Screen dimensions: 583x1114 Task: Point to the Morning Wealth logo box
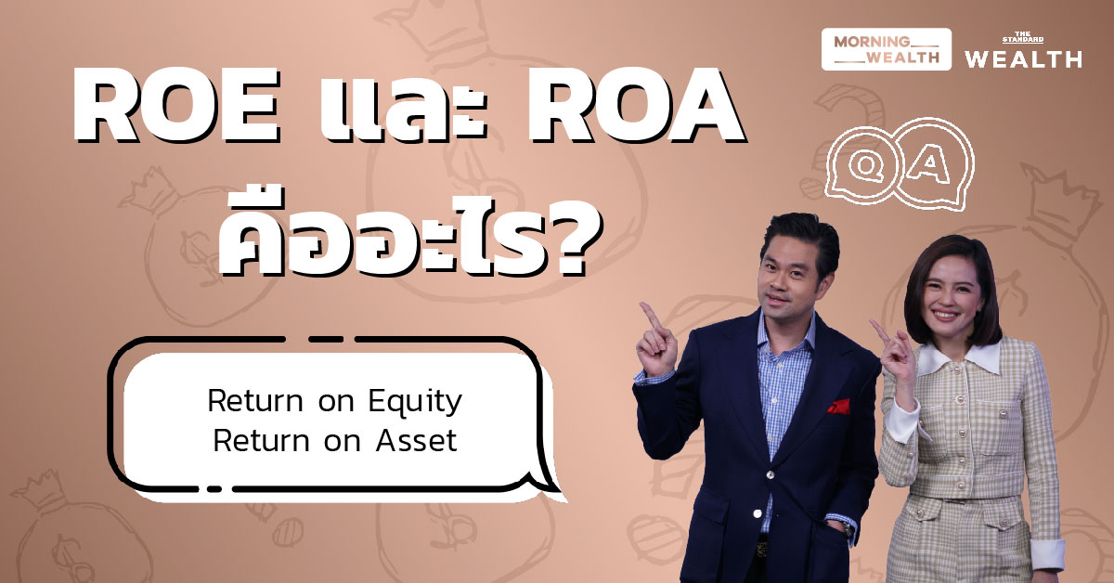pyautogui.click(x=886, y=49)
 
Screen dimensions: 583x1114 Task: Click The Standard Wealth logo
pyautogui.click(x=1022, y=52)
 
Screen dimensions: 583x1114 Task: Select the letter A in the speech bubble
pyautogui.click(x=927, y=164)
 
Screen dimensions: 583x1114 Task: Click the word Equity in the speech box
pyautogui.click(x=413, y=403)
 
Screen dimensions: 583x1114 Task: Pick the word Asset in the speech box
pyautogui.click(x=417, y=440)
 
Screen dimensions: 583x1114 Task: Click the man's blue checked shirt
pyautogui.click(x=775, y=390)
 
